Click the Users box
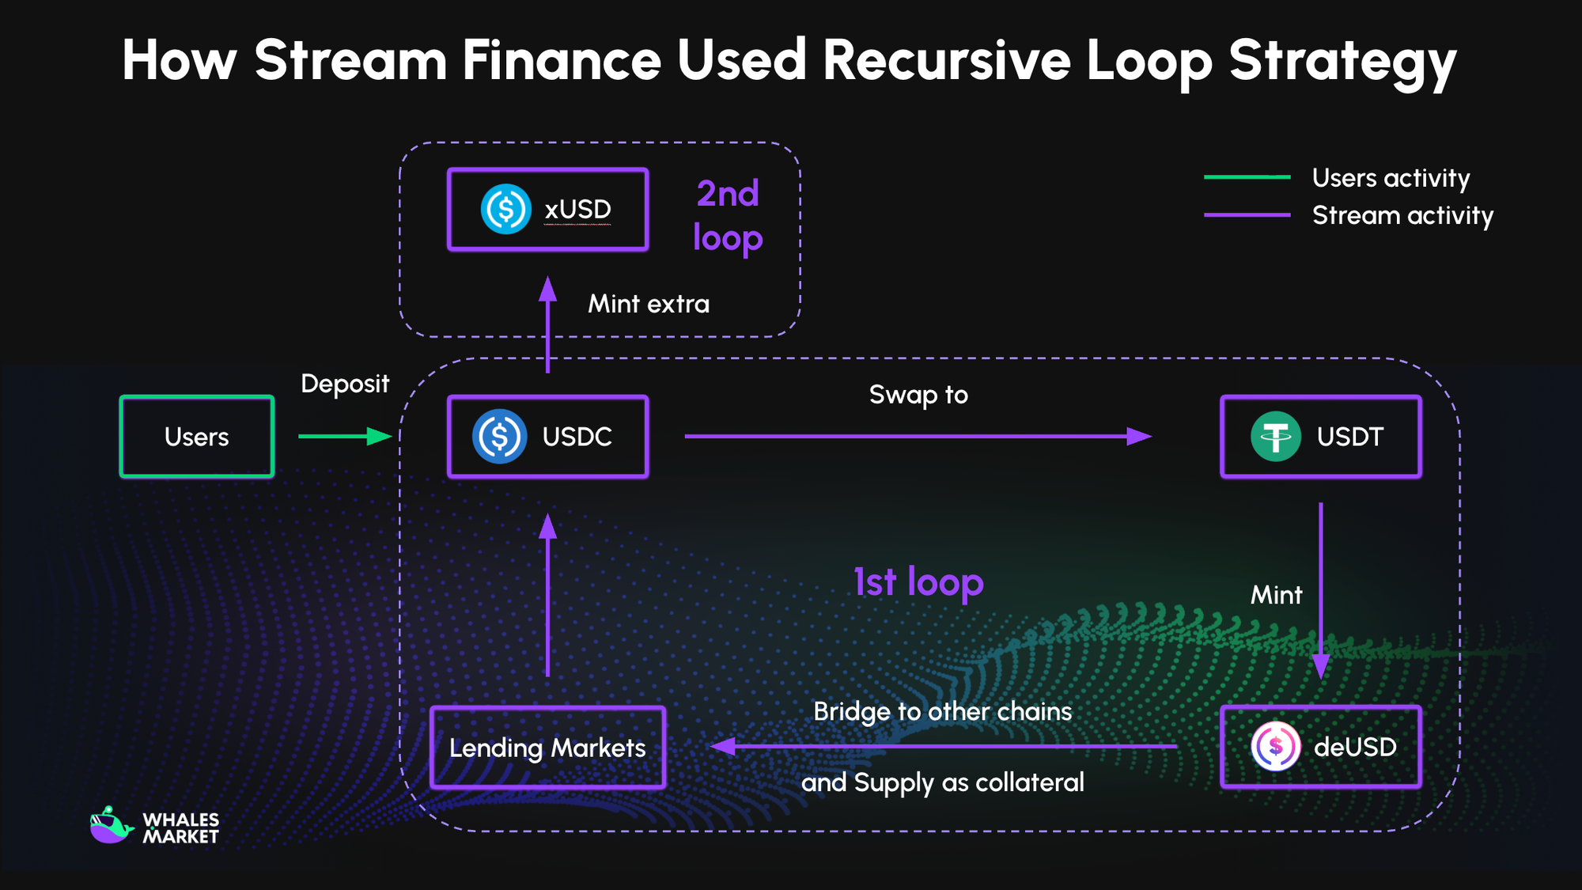point(196,437)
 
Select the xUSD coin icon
point(505,209)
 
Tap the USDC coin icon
point(499,436)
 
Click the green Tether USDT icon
point(1275,436)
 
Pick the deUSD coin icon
point(1275,746)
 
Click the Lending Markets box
point(547,748)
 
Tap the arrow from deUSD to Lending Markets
point(941,746)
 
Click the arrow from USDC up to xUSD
point(547,324)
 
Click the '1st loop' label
point(918,583)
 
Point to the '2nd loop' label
point(728,215)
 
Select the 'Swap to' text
point(918,394)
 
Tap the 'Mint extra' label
point(649,304)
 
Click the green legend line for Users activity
point(1247,177)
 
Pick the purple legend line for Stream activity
point(1247,214)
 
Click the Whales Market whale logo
point(111,825)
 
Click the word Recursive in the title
point(946,61)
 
